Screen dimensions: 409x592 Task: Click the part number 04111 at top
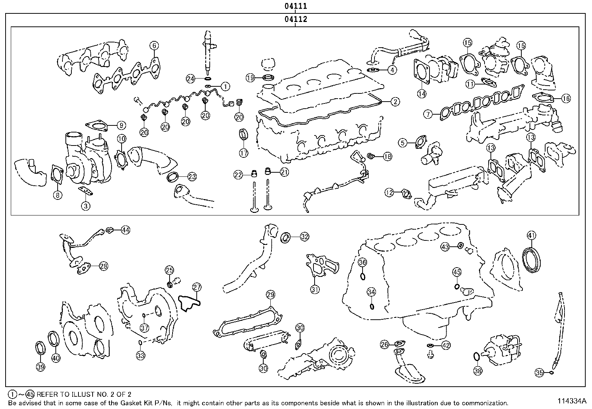pyautogui.click(x=296, y=6)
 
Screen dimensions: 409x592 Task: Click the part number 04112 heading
pyautogui.click(x=296, y=19)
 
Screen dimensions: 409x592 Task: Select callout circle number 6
pyautogui.click(x=154, y=45)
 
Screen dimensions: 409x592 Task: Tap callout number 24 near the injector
pyautogui.click(x=191, y=79)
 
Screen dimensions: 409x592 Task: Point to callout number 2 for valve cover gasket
pyautogui.click(x=395, y=101)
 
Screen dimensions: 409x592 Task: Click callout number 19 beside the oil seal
pyautogui.click(x=250, y=77)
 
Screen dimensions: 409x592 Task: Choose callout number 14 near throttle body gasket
pyautogui.click(x=421, y=94)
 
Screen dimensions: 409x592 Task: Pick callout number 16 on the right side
pyautogui.click(x=566, y=99)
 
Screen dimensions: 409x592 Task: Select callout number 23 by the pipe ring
pyautogui.click(x=192, y=176)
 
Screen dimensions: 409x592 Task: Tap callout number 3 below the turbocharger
pyautogui.click(x=86, y=205)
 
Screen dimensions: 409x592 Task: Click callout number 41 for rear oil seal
pyautogui.click(x=531, y=235)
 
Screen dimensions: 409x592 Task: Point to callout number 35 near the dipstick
pyautogui.click(x=539, y=372)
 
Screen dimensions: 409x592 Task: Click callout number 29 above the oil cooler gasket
pyautogui.click(x=270, y=295)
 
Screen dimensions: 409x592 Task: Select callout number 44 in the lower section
pyautogui.click(x=126, y=230)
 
